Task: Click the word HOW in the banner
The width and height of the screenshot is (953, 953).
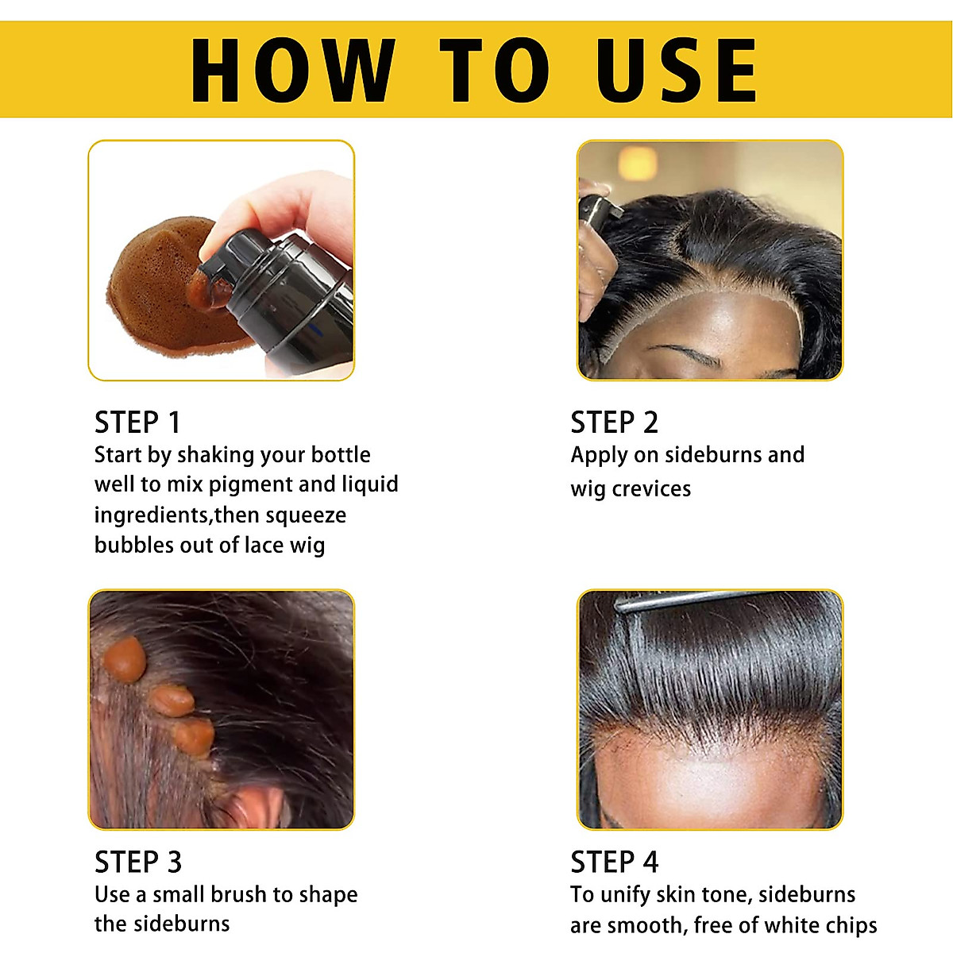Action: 293,71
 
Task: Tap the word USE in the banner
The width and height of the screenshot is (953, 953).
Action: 677,71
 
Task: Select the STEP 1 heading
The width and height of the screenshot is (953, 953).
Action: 137,422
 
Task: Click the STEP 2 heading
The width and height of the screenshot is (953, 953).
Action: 614,422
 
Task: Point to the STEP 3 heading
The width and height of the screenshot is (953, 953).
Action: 138,862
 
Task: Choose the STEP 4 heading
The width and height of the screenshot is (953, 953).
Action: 614,862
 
